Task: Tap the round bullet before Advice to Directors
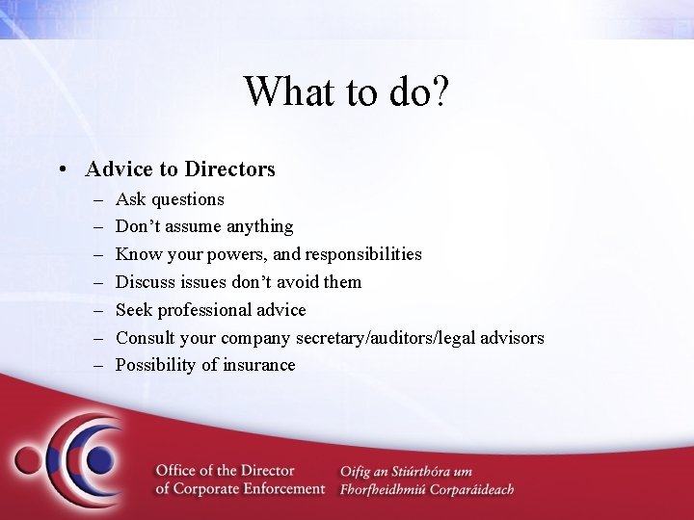(61, 170)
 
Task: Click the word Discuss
(145, 282)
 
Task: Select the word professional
(204, 310)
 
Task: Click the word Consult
(147, 338)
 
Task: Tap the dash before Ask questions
(101, 200)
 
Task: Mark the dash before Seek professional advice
(101, 310)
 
